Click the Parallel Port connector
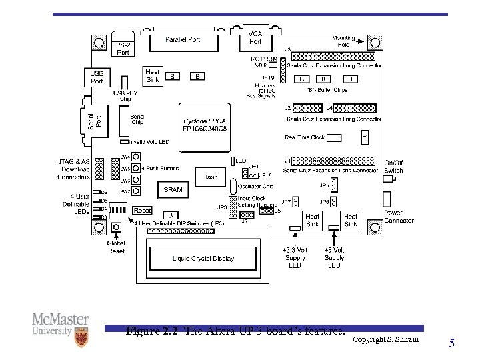click(183, 40)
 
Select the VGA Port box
click(255, 37)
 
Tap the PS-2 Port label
click(123, 49)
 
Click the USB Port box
click(97, 77)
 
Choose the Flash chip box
click(210, 177)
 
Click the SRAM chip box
click(173, 189)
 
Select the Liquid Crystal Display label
click(203, 258)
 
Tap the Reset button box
click(143, 211)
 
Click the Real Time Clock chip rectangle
click(333, 137)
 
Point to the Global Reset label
click(116, 247)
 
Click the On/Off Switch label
click(393, 167)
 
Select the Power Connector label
click(399, 217)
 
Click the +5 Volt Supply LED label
click(334, 257)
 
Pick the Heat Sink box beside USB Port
click(153, 76)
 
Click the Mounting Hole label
click(343, 41)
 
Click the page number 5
click(452, 344)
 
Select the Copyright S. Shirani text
click(385, 340)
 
